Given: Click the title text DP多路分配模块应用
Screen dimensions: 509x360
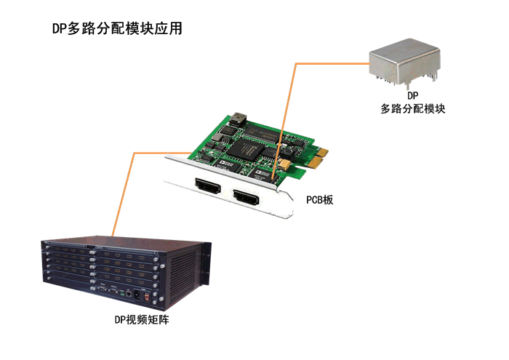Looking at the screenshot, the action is coord(117,28).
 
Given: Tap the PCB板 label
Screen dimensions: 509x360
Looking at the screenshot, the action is coord(320,200).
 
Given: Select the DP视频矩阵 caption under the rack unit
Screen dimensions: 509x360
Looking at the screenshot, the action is coord(142,320).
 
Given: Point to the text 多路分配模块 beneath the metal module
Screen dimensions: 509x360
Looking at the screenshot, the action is coord(413,109).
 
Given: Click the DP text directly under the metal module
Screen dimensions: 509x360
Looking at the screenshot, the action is coord(413,95).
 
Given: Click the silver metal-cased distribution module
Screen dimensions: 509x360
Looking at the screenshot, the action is coord(404,63).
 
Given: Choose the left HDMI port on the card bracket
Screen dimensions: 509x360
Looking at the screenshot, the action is coord(207,186).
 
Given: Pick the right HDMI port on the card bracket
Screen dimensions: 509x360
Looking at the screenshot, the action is coord(246,199).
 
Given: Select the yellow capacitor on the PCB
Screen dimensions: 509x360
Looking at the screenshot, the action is coord(284,164).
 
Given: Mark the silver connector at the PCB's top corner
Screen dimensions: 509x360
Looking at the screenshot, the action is coord(238,119).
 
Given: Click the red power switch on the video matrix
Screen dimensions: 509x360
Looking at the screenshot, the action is coord(147,297).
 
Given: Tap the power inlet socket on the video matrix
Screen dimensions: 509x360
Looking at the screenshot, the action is coord(137,295).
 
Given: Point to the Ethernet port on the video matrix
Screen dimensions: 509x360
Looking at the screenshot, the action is coord(129,294).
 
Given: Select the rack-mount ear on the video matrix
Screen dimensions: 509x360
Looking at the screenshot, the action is coord(206,264).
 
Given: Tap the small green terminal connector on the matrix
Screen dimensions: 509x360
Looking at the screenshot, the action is coord(122,293).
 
